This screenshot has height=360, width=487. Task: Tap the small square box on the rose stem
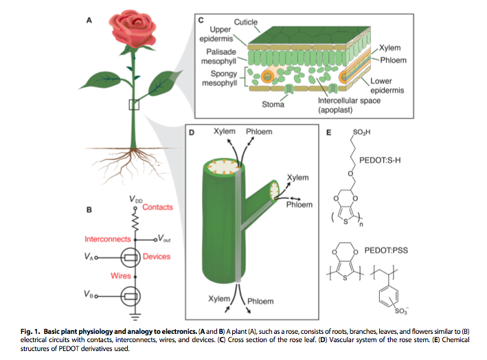[134, 104]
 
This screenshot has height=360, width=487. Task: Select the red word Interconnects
[108, 239]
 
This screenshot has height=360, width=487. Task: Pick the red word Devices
[157, 256]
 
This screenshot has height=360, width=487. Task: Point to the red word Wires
[121, 275]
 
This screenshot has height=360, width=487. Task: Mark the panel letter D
[192, 133]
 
